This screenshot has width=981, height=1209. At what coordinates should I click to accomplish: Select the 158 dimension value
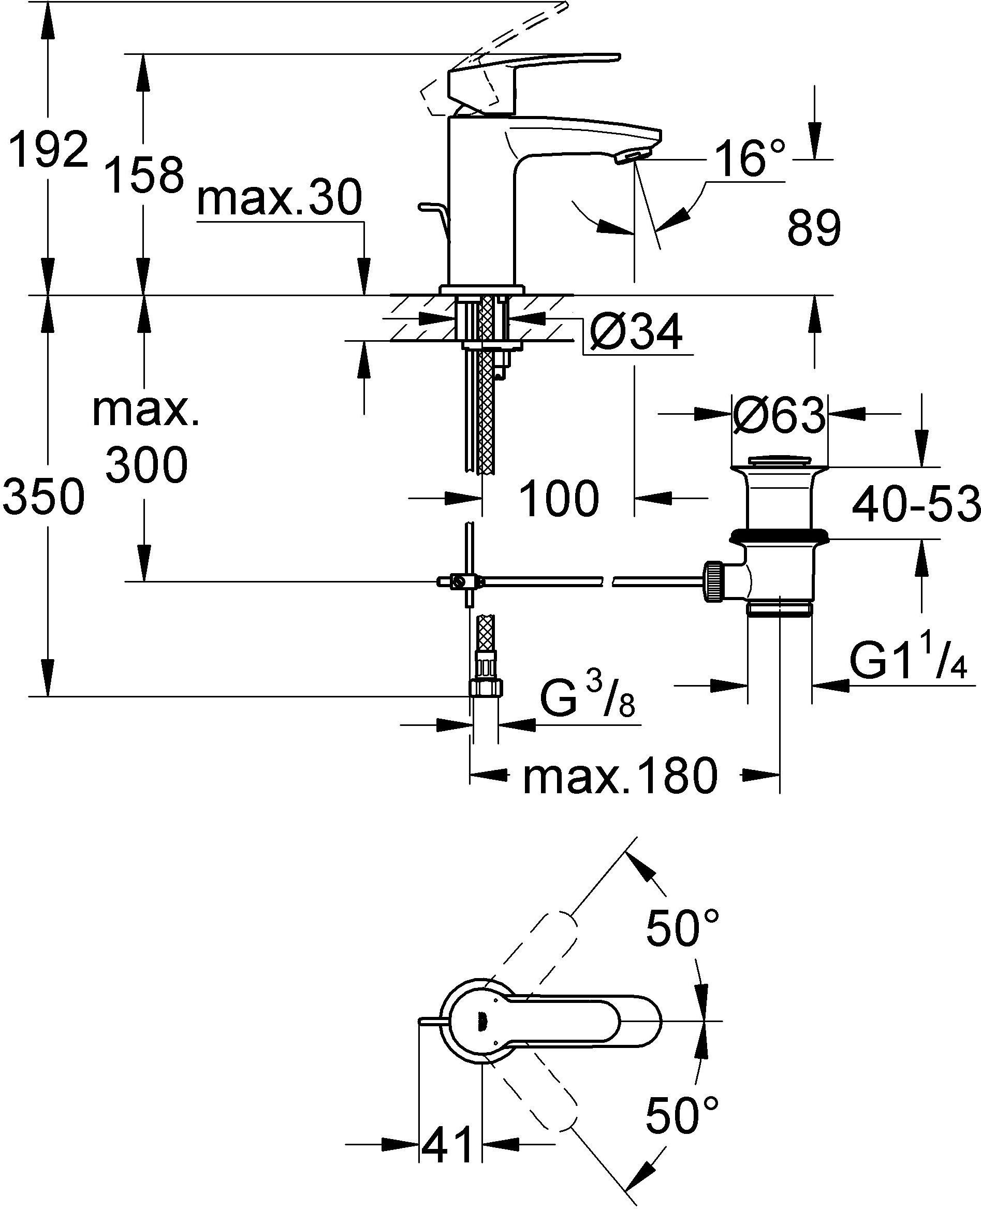pyautogui.click(x=146, y=174)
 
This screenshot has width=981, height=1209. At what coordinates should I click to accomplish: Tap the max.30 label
pyautogui.click(x=280, y=199)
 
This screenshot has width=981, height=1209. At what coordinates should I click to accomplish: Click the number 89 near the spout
pyautogui.click(x=814, y=228)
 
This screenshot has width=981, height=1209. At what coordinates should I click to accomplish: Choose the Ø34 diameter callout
pyautogui.click(x=635, y=333)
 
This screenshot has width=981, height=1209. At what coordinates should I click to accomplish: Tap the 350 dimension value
pyautogui.click(x=43, y=496)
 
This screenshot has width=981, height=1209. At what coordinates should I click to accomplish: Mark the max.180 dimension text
pyautogui.click(x=620, y=776)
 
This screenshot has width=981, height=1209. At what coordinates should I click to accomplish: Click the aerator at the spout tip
pyautogui.click(x=631, y=158)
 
